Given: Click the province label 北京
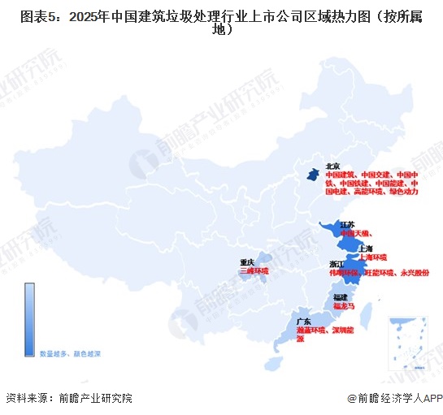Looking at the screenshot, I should tap(332, 166).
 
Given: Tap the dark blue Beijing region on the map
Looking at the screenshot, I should tap(311, 173).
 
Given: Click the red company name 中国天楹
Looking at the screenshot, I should tap(355, 233).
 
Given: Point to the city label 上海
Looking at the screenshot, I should tap(364, 248).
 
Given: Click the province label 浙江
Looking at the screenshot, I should tap(337, 265).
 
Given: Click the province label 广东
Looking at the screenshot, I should tap(304, 322).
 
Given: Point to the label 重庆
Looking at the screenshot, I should tap(247, 262).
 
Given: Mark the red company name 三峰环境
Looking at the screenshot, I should tap(254, 270).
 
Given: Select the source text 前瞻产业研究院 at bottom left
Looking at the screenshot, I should tap(95, 399).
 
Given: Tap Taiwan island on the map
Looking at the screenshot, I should tap(366, 312).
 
